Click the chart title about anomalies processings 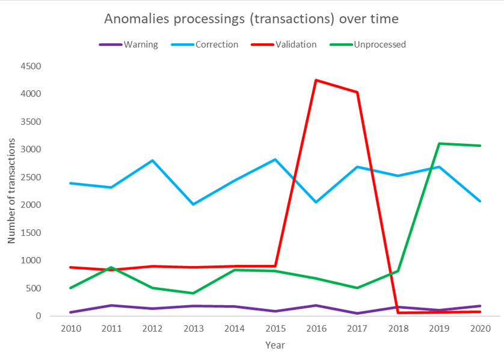251,19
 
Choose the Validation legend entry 294,44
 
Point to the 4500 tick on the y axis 29,66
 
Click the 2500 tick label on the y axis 29,177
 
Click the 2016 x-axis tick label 316,328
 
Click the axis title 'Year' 275,346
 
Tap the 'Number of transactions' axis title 11,191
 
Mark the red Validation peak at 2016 316,80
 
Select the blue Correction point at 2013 193,204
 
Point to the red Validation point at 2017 357,92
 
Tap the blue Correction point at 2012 152,160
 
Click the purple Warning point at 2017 357,313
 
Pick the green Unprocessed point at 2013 193,293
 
